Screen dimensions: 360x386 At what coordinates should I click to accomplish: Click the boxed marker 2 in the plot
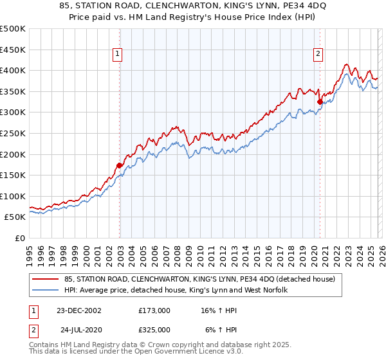coord(318,55)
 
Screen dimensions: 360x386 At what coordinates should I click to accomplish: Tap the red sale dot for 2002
coord(120,165)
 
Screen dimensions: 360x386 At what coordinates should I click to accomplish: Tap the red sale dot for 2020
coord(320,102)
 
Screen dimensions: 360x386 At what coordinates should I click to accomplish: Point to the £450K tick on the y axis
coord(13,50)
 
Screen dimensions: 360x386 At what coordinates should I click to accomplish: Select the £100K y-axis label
coord(13,196)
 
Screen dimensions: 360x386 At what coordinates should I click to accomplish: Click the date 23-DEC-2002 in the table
coord(79,310)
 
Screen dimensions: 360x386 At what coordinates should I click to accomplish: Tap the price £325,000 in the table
coord(154,329)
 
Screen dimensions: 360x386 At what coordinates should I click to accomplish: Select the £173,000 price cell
coord(154,310)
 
